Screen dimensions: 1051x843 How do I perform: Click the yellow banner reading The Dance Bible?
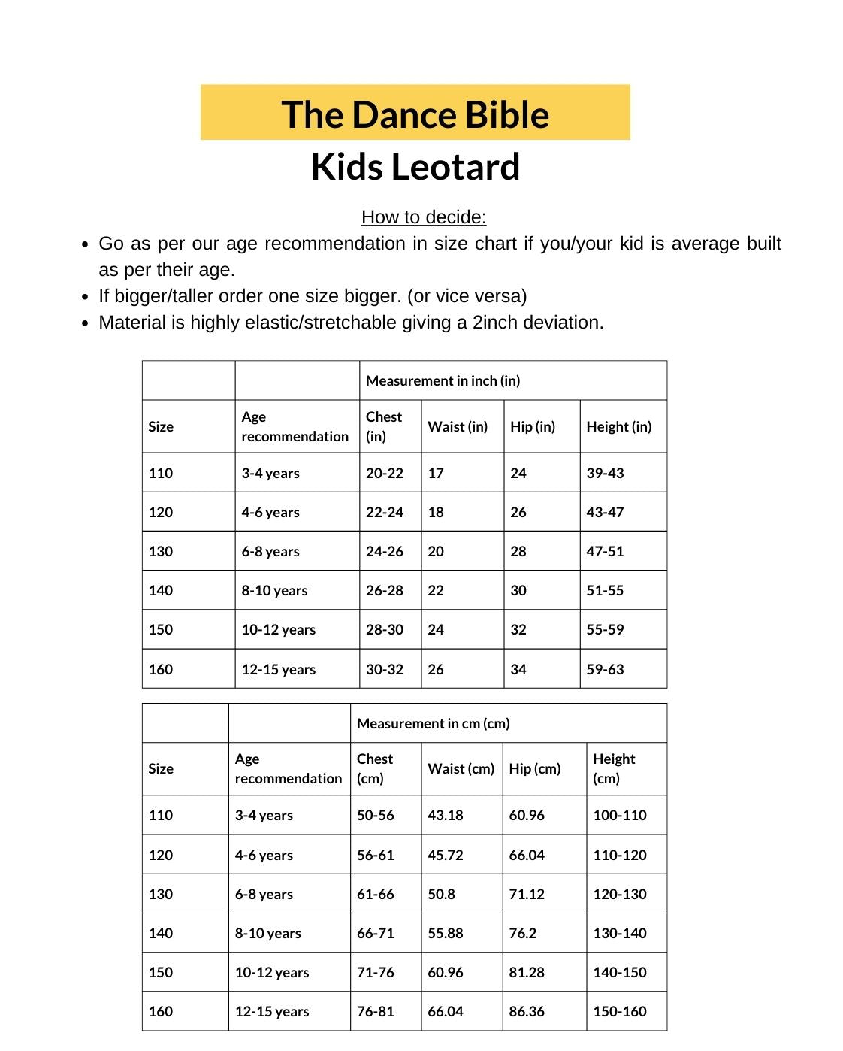[415, 114]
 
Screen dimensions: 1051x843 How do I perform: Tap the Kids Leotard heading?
[415, 167]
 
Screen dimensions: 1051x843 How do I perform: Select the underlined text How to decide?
[424, 217]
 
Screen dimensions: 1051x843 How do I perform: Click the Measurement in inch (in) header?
[443, 381]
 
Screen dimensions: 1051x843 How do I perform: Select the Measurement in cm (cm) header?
[433, 723]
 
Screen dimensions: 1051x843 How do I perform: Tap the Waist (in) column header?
[458, 427]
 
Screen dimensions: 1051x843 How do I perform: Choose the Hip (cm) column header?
[534, 769]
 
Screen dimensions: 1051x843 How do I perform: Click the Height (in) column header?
[618, 427]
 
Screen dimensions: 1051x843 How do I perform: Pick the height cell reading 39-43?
[605, 474]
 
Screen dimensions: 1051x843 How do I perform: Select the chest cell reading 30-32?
[384, 669]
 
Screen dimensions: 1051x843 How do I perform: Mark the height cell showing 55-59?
[605, 630]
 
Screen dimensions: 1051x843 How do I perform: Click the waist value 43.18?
[445, 816]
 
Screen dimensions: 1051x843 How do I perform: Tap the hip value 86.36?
[526, 1012]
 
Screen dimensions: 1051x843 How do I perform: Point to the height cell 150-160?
[619, 1012]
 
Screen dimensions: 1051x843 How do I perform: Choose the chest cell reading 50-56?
[375, 816]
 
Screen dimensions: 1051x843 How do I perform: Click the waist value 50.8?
[441, 895]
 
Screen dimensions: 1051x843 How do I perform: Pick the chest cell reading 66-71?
[375, 934]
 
